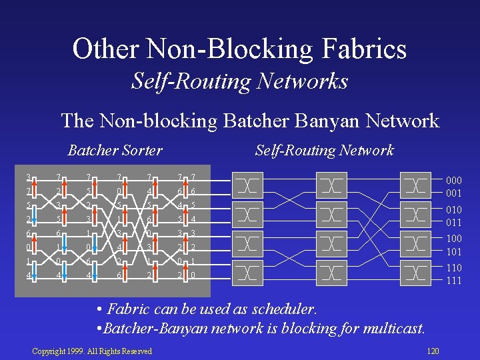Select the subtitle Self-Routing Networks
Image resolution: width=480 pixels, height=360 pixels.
tap(239, 81)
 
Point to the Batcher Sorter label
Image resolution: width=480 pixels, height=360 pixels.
tap(115, 150)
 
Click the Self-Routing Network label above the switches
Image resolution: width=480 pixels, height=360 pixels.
tap(324, 150)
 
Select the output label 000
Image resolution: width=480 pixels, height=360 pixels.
tap(453, 181)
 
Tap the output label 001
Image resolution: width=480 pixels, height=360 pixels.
tap(453, 193)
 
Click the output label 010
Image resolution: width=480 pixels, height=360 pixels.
tap(453, 210)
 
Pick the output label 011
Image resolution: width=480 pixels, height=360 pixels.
tap(453, 222)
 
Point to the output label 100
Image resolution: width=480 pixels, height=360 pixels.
tap(453, 239)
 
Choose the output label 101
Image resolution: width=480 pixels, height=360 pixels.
tap(453, 251)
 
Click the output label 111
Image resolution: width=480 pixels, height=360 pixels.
tap(453, 280)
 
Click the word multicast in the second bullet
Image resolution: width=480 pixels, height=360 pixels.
tap(393, 328)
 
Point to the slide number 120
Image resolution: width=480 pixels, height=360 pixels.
tap(433, 351)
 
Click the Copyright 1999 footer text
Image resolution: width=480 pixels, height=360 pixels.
tap(92, 351)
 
